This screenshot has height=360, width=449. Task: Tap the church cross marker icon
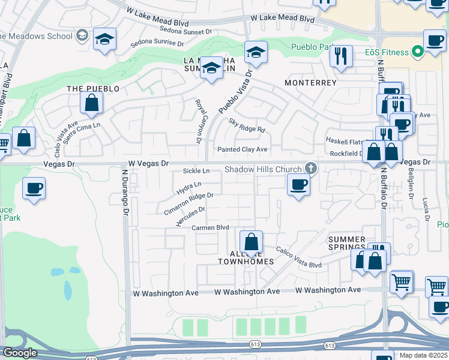(x=310, y=167)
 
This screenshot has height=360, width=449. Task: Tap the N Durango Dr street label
(x=125, y=192)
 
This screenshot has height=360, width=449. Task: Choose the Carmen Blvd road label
(x=210, y=228)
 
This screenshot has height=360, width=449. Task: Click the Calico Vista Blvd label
(x=298, y=257)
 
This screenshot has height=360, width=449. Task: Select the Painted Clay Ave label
(x=243, y=149)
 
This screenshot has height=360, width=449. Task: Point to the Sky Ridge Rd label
(x=247, y=125)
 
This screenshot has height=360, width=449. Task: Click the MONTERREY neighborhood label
(x=310, y=83)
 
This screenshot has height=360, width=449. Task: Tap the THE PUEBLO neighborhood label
(x=92, y=88)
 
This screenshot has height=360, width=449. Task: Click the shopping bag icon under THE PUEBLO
(x=91, y=103)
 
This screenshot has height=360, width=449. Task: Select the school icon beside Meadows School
(x=104, y=40)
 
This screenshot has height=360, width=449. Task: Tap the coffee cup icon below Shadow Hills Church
(x=298, y=184)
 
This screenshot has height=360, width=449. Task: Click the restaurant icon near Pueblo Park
(x=341, y=56)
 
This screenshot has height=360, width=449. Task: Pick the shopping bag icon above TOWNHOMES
(x=251, y=242)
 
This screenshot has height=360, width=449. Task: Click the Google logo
(x=20, y=353)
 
